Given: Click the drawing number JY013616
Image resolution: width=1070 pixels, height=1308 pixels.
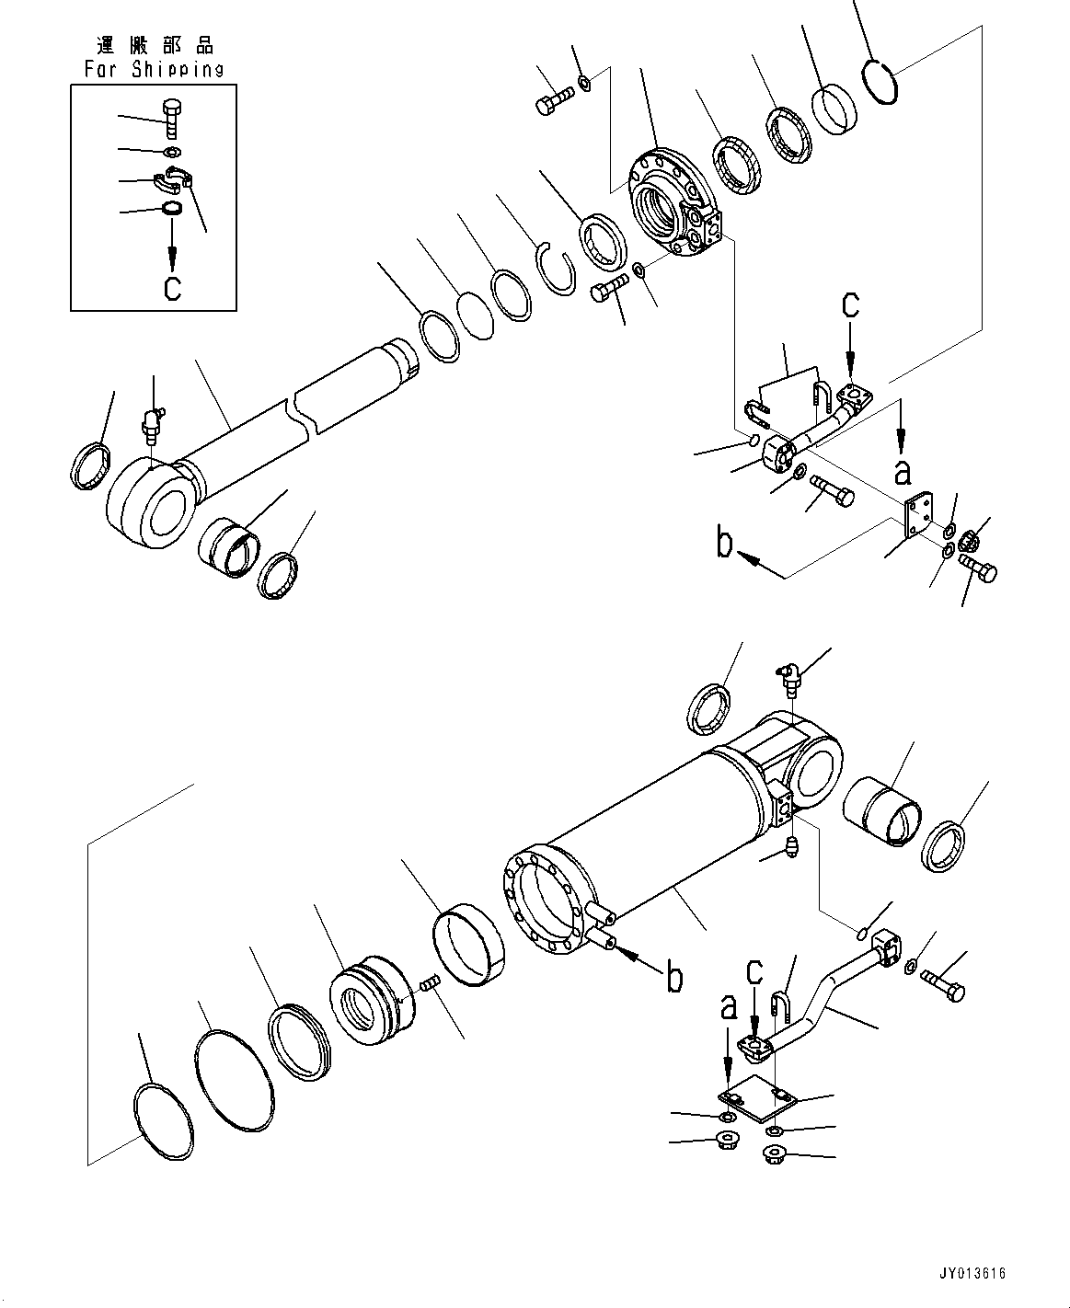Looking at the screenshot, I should [973, 1274].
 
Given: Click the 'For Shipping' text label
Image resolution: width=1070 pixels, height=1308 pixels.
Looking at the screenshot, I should [154, 69].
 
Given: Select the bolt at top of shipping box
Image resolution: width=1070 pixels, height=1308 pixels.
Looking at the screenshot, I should [173, 118].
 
